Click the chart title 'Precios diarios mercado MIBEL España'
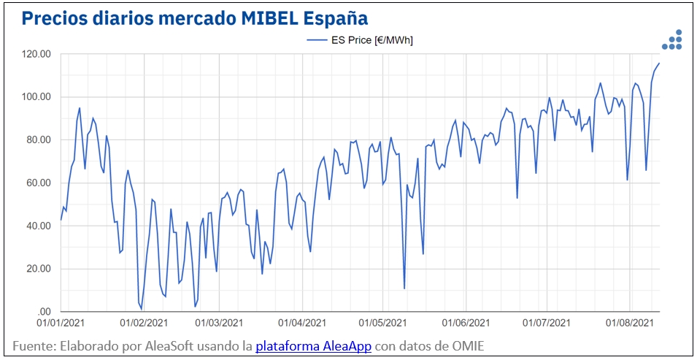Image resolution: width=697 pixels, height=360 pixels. [194, 18]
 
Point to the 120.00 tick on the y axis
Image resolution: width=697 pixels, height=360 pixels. [36, 54]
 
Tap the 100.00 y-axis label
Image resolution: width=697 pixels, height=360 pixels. [36, 97]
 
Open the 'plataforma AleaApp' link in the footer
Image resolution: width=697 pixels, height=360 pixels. [314, 345]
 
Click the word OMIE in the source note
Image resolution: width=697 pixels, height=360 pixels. [467, 345]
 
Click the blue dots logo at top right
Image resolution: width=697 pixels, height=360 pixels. [672, 41]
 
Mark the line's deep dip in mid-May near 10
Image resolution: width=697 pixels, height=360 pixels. [404, 288]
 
